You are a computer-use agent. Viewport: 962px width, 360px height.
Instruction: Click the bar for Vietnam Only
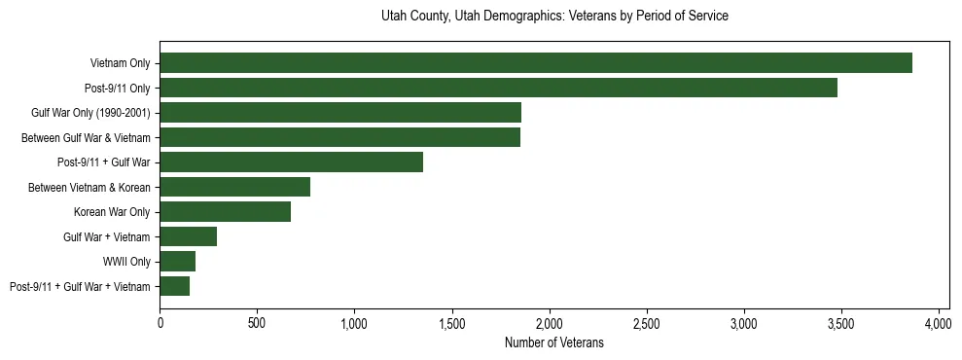536,63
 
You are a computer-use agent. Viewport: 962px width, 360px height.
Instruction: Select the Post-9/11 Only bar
498,88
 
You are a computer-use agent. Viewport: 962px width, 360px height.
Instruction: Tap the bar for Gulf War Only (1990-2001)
340,113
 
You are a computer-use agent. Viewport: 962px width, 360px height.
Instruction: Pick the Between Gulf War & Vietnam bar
339,137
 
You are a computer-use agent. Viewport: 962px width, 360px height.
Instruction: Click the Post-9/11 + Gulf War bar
291,162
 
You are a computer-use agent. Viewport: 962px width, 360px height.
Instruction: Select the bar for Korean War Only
225,212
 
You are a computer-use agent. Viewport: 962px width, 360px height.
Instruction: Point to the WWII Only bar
178,262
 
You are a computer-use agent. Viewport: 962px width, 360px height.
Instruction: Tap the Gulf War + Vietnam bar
189,236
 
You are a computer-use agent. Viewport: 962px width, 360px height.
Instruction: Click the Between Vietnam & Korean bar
234,187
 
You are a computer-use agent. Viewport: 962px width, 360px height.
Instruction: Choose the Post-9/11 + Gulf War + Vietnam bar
175,286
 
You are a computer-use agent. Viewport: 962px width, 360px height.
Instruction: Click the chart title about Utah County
554,17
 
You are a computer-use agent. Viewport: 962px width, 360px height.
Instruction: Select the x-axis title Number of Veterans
554,342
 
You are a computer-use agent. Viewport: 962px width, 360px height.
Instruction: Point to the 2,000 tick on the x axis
550,322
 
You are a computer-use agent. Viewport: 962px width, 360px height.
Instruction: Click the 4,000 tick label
939,322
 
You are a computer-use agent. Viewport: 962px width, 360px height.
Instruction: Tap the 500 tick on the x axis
257,322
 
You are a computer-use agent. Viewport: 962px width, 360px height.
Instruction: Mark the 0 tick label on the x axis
160,322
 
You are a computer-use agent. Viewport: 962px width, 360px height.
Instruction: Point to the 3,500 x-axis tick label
841,322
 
